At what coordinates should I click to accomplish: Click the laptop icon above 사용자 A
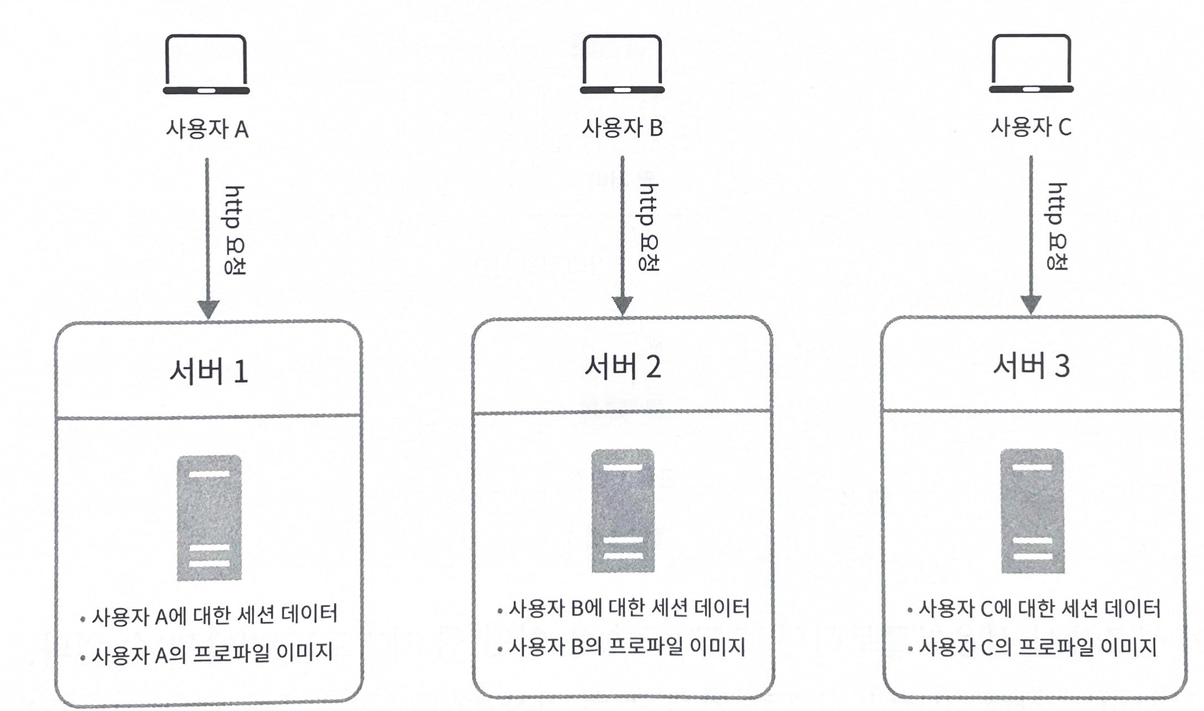click(206, 65)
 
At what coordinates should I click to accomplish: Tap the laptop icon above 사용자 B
click(622, 64)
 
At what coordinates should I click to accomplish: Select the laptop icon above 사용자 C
click(1031, 64)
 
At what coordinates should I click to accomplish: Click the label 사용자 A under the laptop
click(207, 129)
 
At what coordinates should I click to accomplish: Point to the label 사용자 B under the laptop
click(622, 128)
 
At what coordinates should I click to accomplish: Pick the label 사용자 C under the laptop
click(1031, 127)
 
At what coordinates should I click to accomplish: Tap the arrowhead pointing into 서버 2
click(623, 305)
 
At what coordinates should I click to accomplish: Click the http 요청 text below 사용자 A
click(234, 230)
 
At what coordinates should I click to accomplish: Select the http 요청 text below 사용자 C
click(1057, 226)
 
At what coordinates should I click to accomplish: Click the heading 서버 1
click(208, 370)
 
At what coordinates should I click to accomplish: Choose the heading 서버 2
click(623, 367)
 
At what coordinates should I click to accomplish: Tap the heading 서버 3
click(1031, 365)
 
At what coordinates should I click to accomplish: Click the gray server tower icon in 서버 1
click(209, 518)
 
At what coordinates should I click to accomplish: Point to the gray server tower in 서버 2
click(623, 511)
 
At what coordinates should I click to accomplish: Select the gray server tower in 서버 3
click(1032, 511)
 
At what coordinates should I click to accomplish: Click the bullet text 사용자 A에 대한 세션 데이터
click(214, 615)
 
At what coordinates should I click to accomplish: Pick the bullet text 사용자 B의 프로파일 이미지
click(626, 647)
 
